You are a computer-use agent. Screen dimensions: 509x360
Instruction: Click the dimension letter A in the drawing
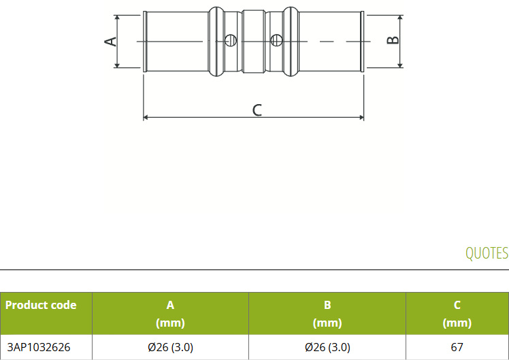click(x=111, y=42)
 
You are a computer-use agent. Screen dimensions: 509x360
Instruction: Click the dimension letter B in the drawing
click(x=393, y=39)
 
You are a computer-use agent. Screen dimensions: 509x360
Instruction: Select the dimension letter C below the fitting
click(x=257, y=110)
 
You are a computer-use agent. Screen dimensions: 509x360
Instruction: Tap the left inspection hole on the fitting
click(x=231, y=40)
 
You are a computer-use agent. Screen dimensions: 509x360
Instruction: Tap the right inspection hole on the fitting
click(x=276, y=40)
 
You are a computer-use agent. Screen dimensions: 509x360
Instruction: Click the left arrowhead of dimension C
click(x=146, y=117)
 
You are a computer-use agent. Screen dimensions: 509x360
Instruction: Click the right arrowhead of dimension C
click(x=361, y=117)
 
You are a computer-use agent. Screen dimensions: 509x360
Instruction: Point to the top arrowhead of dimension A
click(x=117, y=18)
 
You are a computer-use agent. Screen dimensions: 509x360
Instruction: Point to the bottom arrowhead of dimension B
click(x=400, y=65)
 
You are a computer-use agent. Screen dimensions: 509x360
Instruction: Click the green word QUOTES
click(x=487, y=253)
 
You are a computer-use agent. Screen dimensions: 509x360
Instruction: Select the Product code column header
click(x=41, y=305)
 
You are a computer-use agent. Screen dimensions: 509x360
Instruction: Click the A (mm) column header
click(x=170, y=314)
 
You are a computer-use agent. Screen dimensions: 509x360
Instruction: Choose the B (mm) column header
click(x=327, y=314)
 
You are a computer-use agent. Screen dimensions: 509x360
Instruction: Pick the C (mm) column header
click(x=457, y=314)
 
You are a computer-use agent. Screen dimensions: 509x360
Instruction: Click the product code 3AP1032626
click(x=39, y=347)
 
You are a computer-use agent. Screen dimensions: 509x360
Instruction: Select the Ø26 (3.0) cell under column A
click(x=170, y=347)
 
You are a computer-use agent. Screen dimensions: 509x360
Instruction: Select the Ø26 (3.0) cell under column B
click(x=327, y=347)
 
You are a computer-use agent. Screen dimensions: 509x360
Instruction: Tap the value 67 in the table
click(x=457, y=347)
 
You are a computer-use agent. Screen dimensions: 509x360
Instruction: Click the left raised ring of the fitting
click(x=216, y=42)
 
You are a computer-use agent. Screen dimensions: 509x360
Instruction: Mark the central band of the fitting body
click(x=254, y=42)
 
